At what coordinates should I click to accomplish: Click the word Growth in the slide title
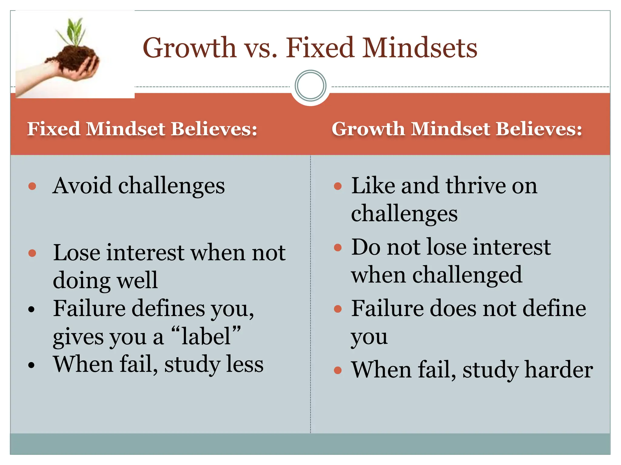coord(189,48)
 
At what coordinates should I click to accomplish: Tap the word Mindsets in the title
coord(420,48)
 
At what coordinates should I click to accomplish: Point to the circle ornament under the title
coord(310,86)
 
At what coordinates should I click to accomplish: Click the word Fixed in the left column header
coord(53,129)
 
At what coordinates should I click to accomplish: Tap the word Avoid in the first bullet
coord(82,185)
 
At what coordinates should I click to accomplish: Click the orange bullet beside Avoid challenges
coord(32,186)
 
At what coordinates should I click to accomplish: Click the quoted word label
coord(206,336)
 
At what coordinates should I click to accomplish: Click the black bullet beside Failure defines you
coord(32,309)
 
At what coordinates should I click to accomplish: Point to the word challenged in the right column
coord(467,275)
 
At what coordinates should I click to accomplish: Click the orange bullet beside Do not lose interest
coord(337,248)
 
